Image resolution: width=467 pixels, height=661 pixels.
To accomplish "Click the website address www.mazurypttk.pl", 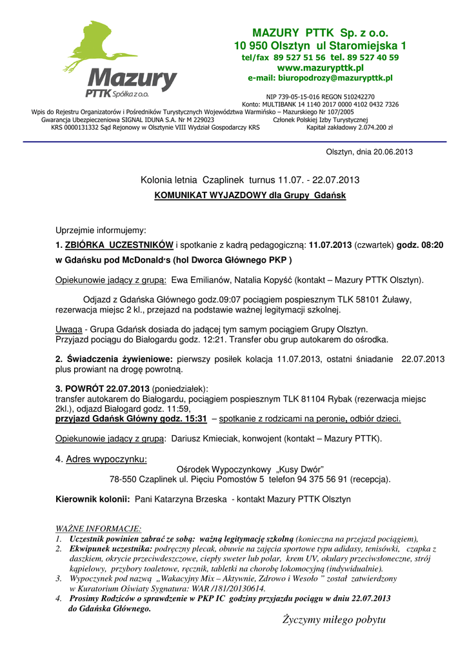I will coord(320,68).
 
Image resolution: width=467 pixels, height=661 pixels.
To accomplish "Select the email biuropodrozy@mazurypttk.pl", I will coord(334,78).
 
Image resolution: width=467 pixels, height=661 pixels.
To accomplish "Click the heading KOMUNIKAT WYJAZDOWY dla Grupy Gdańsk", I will coord(250,195).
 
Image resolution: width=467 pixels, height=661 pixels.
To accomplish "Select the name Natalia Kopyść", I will coord(266,280).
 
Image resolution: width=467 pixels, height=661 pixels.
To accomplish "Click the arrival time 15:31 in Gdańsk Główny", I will coord(194,419).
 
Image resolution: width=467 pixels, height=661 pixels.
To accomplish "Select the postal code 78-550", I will coord(123,480).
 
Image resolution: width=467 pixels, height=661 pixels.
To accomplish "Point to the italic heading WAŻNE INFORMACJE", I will coord(99,528).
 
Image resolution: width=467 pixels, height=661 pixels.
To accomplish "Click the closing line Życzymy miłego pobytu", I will coord(333,620).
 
